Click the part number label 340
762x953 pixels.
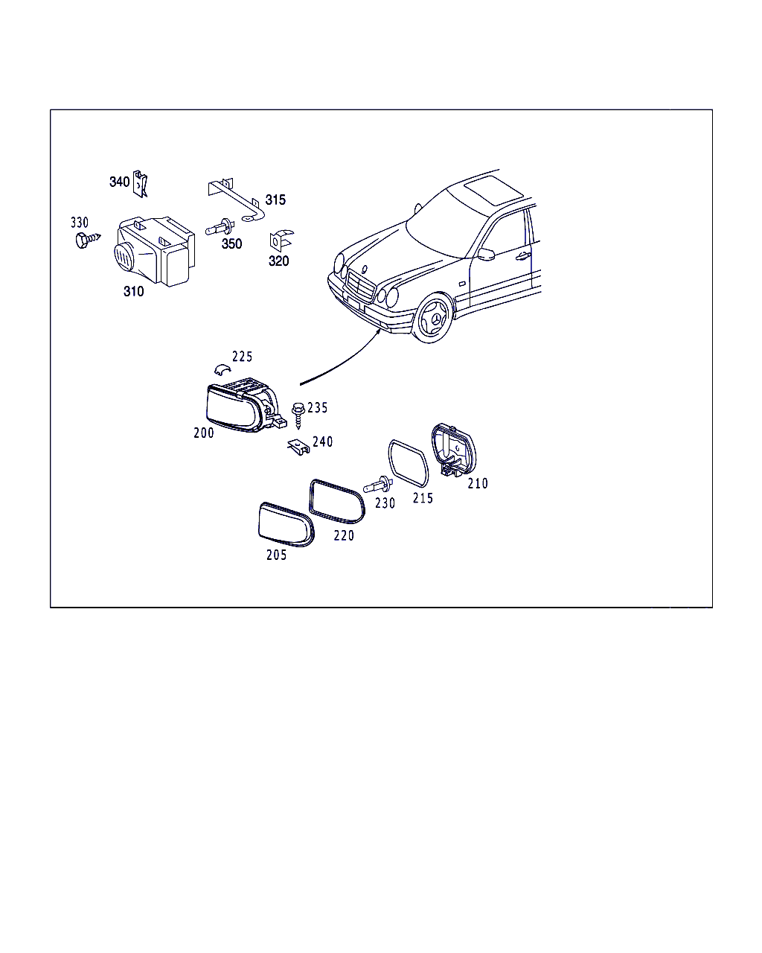[119, 182]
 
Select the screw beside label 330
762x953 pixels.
[88, 240]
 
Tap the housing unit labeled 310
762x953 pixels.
[155, 250]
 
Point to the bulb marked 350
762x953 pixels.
[220, 228]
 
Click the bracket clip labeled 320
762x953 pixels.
[280, 240]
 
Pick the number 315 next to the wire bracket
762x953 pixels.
[275, 200]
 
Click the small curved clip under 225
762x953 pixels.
[222, 369]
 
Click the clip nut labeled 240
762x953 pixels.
[299, 447]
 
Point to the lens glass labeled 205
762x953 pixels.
[286, 524]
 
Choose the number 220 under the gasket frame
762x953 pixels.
[344, 535]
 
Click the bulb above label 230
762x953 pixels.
[378, 485]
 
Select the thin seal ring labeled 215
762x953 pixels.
[408, 464]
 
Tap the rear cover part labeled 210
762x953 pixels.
[453, 450]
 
